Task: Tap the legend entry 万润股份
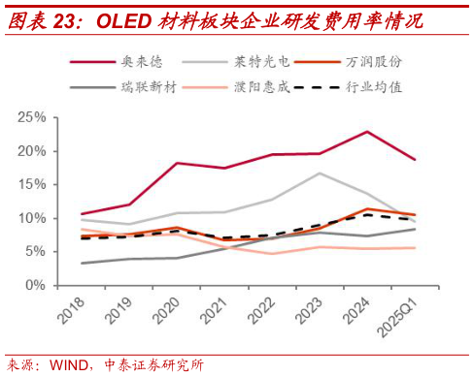[372, 62]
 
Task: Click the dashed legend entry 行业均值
[372, 87]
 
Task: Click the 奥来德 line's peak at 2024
[367, 132]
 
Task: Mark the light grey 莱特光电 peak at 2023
[320, 173]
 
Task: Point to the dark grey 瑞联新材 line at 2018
[83, 264]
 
